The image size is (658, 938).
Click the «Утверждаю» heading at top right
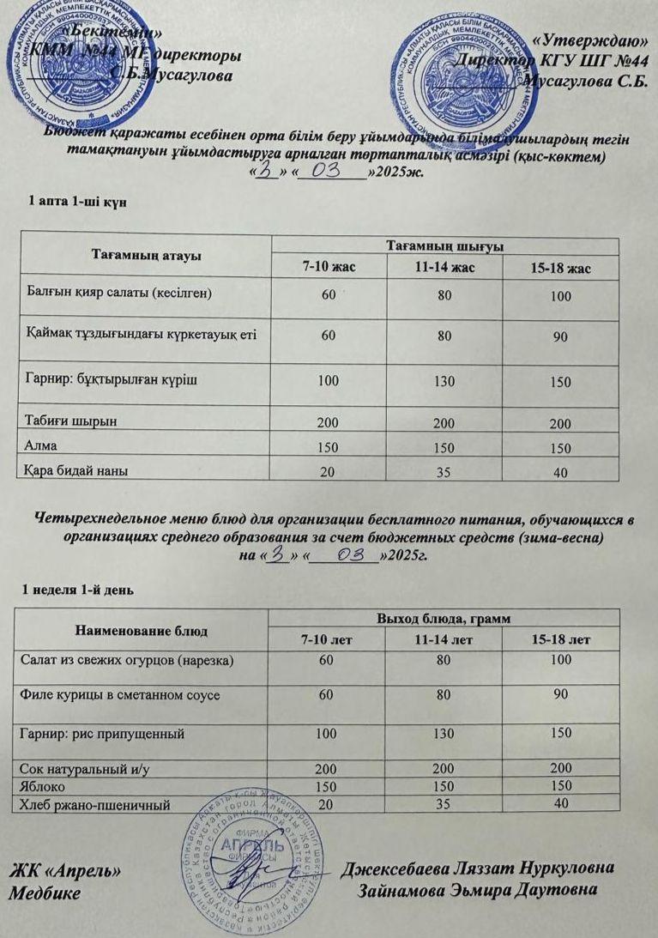click(589, 39)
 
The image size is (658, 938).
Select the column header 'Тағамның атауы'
click(146, 255)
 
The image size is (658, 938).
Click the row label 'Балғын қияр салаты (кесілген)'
click(116, 294)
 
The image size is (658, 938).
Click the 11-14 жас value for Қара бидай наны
click(444, 471)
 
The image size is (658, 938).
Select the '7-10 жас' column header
click(329, 268)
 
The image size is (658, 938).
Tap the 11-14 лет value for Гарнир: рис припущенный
click(444, 735)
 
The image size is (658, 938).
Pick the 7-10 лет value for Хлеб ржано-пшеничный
click(326, 804)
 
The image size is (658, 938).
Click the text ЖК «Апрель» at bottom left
click(63, 871)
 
